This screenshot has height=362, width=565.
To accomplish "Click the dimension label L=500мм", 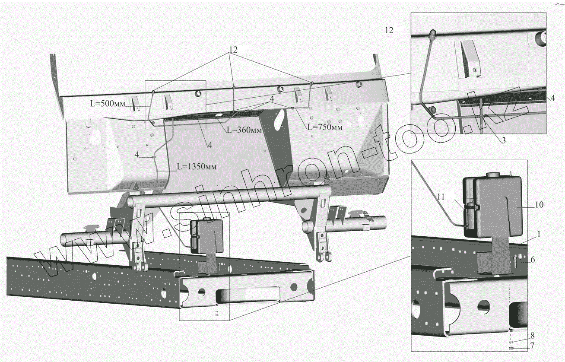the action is tap(107, 104).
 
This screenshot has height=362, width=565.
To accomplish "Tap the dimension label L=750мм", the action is tap(325, 127).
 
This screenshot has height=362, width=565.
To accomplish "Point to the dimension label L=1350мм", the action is tap(196, 167).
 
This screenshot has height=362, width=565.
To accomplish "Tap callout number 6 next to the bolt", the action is tap(533, 259).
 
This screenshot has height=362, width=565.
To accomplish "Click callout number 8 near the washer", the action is tap(533, 335).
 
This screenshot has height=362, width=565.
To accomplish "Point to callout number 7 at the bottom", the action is tap(533, 346).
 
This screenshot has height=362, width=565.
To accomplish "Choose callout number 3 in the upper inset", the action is tap(503, 140).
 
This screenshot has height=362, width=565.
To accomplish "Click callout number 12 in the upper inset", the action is tap(390, 30).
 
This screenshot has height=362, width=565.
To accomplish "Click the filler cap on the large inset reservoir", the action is tap(493, 175).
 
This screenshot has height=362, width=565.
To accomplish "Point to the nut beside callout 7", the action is tap(511, 347).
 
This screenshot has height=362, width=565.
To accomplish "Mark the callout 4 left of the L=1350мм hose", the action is tap(137, 154).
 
